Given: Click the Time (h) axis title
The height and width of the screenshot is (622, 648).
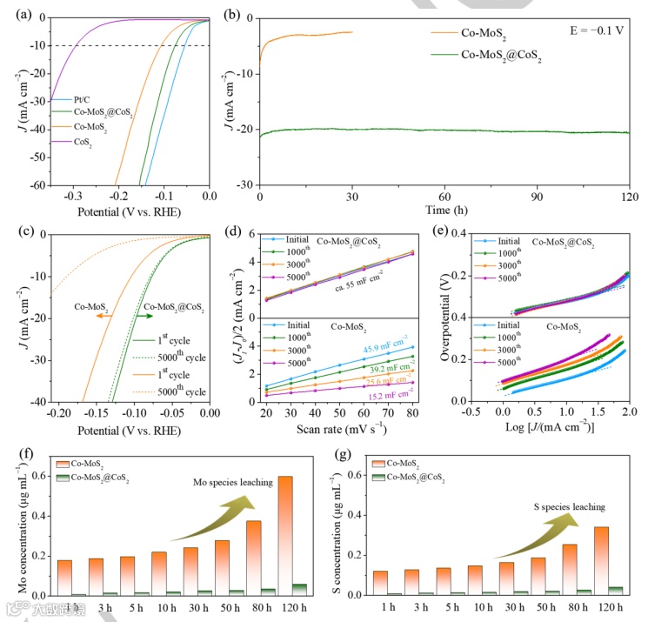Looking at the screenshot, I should (444, 211).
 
